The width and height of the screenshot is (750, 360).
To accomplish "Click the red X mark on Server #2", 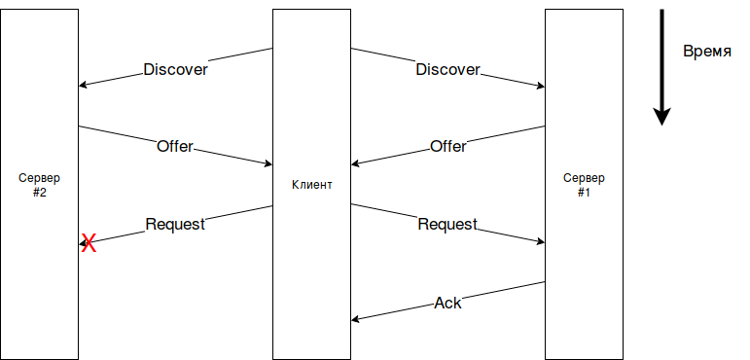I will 88,243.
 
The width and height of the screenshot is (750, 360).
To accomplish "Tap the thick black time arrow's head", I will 661,116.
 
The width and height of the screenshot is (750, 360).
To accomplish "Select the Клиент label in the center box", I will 311,184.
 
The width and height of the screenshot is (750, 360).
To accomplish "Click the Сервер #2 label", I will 39,185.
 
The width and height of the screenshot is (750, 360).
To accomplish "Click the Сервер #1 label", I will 584,185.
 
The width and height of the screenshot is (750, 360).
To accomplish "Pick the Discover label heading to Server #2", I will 175,69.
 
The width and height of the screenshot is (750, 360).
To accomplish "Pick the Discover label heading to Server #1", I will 447,69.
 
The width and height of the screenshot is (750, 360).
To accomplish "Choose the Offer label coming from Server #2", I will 175,146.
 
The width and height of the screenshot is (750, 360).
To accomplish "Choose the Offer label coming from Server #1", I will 447,146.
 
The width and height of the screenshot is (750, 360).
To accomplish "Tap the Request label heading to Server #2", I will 175,224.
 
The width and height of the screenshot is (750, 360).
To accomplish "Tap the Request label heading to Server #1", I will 447,224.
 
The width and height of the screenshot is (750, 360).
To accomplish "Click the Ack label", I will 447,303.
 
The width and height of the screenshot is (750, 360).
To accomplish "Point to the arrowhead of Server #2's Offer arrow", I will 268,163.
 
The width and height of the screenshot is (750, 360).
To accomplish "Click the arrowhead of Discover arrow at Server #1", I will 540,86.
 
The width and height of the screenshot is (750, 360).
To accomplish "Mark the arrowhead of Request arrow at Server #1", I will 540,241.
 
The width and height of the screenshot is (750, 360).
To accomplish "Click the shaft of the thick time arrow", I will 661,58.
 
